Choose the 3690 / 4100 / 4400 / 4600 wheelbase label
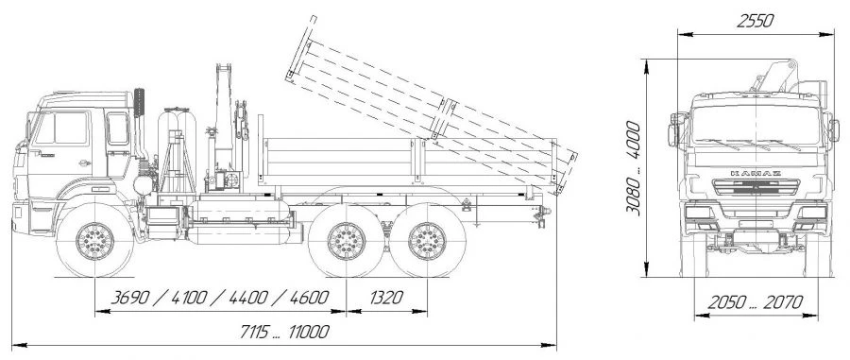(219, 298)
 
